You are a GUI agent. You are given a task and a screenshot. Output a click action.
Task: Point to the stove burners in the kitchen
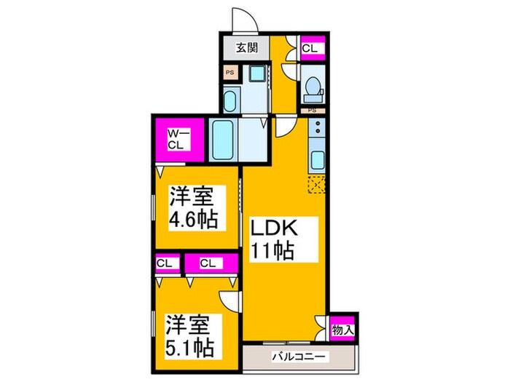[318, 130]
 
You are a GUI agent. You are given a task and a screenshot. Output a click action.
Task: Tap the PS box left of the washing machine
[229, 73]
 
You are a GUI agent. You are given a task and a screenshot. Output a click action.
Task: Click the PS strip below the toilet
[312, 111]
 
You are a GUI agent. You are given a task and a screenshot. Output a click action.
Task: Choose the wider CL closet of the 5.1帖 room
[210, 263]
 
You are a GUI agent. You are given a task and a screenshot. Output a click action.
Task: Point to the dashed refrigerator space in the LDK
[317, 183]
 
